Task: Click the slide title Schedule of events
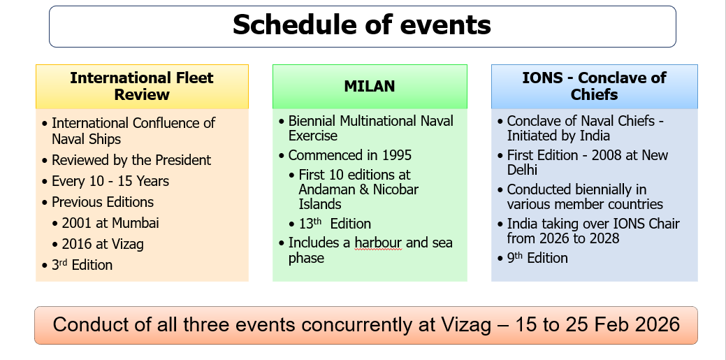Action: click(x=362, y=25)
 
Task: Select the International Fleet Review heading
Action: click(x=142, y=86)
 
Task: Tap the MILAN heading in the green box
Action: click(x=370, y=86)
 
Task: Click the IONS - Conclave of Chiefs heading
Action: click(x=594, y=86)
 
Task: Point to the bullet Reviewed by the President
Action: click(x=131, y=160)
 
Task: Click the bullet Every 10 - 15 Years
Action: click(x=110, y=181)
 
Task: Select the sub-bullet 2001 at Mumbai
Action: click(x=110, y=223)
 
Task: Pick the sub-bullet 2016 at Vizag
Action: click(x=103, y=244)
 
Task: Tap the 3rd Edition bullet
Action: click(x=82, y=265)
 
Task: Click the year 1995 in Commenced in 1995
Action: click(x=397, y=155)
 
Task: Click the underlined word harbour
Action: click(x=378, y=243)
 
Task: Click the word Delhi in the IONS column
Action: click(x=522, y=170)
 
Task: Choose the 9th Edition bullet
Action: click(x=537, y=258)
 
